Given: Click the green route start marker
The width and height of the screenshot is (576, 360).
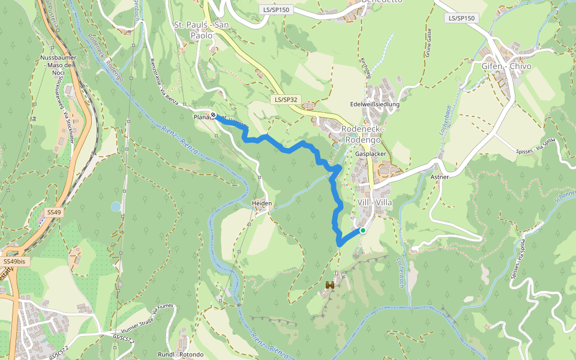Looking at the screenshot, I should click(362, 230).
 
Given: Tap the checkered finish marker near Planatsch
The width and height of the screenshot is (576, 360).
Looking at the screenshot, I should click(214, 116).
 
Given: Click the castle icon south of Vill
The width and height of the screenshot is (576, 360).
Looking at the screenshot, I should click(329, 286).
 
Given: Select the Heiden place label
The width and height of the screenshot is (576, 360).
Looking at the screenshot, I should click(262, 203).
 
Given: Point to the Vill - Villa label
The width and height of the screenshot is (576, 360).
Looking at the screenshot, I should click(374, 203).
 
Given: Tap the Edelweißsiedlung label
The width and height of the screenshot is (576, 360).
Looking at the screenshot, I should click(374, 104).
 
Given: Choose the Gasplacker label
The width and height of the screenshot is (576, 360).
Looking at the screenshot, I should click(369, 154).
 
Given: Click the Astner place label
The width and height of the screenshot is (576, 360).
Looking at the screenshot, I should click(440, 178).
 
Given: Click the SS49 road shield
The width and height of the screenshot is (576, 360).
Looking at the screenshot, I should click(54, 212).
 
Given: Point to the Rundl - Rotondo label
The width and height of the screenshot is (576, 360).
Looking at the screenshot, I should click(179, 354).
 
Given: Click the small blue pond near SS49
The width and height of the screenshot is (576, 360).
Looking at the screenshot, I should click(115, 207).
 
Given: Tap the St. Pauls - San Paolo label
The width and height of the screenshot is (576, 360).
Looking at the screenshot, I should click(201, 30).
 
